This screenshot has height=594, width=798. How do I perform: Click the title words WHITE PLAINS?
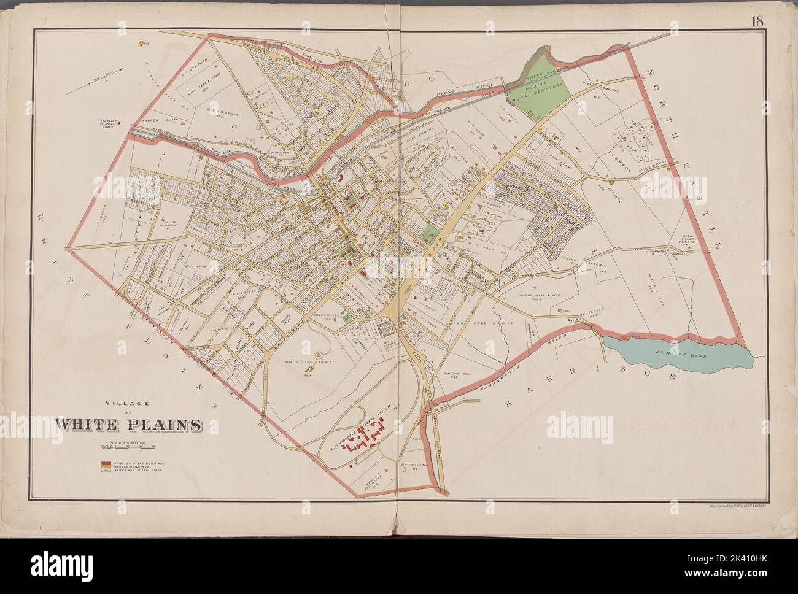pos(129,424)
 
